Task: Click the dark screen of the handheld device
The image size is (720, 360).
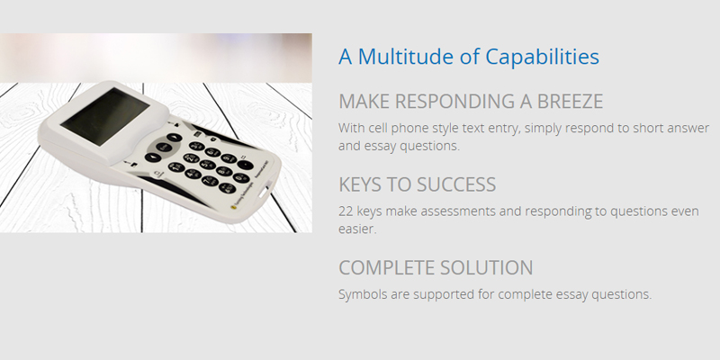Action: [x=105, y=116]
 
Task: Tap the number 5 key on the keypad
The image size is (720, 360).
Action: [x=208, y=165]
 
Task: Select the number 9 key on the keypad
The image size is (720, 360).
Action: [x=229, y=158]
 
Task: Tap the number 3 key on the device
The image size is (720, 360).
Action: [x=196, y=147]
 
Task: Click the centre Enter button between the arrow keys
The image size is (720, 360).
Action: [x=164, y=148]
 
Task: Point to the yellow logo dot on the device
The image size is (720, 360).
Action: [x=233, y=207]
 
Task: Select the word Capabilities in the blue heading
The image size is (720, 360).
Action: [x=542, y=57]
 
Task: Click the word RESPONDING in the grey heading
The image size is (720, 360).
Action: [x=455, y=101]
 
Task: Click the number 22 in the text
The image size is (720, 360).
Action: [x=346, y=211]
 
